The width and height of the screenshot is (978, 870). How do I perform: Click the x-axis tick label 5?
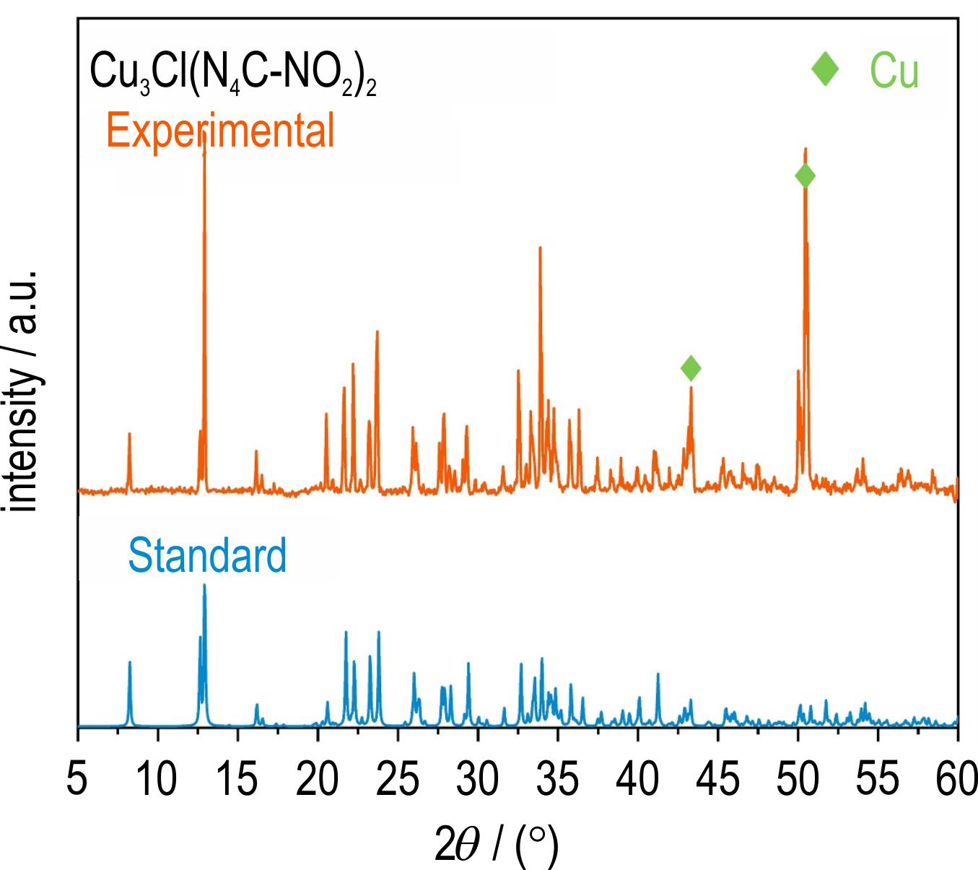pyautogui.click(x=77, y=781)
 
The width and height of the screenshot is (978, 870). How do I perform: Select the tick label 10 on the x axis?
pyautogui.click(x=157, y=781)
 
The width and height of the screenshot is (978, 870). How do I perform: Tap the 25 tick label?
pyautogui.click(x=397, y=781)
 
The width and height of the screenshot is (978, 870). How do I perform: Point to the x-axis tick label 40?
pyautogui.click(x=637, y=781)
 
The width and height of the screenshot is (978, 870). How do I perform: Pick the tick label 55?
pyautogui.click(x=877, y=781)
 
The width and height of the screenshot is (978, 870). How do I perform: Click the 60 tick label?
pyautogui.click(x=956, y=781)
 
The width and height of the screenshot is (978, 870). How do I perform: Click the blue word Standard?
pyautogui.click(x=207, y=555)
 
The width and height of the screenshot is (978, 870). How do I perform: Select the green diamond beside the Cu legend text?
pyautogui.click(x=825, y=69)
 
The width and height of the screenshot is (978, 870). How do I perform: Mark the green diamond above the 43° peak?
pyautogui.click(x=691, y=368)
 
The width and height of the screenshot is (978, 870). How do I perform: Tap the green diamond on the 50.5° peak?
pyautogui.click(x=805, y=175)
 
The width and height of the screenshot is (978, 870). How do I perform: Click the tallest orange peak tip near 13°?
pyautogui.click(x=204, y=134)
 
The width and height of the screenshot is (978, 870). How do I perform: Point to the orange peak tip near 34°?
pyautogui.click(x=540, y=248)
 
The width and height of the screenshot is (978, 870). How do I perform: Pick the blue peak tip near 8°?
pyautogui.click(x=130, y=662)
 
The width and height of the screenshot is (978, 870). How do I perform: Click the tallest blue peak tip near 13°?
pyautogui.click(x=204, y=585)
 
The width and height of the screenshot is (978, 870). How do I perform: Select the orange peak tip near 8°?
pyautogui.click(x=129, y=434)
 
